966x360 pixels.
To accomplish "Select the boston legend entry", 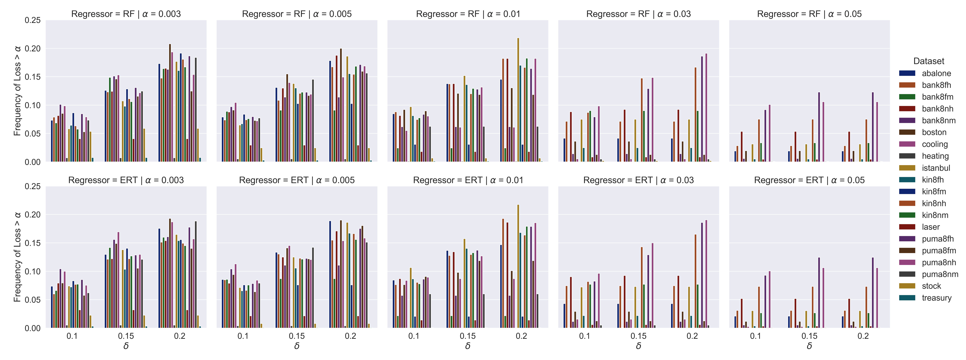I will [934, 132].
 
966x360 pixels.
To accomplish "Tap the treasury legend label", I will [936, 298].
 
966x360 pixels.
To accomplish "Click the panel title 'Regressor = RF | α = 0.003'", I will [126, 14].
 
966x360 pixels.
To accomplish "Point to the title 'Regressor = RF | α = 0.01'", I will [468, 14].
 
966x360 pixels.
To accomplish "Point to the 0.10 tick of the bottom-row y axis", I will [33, 271].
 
